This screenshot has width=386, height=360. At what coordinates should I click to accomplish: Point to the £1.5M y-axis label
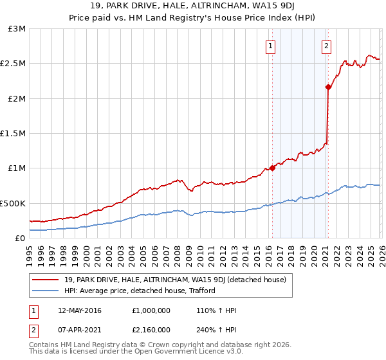pyautogui.click(x=13, y=134)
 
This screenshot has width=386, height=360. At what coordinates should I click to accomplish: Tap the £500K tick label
pyautogui.click(x=13, y=203)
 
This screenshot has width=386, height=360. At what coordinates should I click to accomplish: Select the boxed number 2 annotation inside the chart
pyautogui.click(x=326, y=46)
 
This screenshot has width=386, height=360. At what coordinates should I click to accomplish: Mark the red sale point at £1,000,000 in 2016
pyautogui.click(x=272, y=168)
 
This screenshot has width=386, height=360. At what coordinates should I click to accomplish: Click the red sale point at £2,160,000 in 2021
pyautogui.click(x=328, y=87)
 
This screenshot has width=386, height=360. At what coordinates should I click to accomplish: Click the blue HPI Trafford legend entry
pyautogui.click(x=139, y=291)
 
